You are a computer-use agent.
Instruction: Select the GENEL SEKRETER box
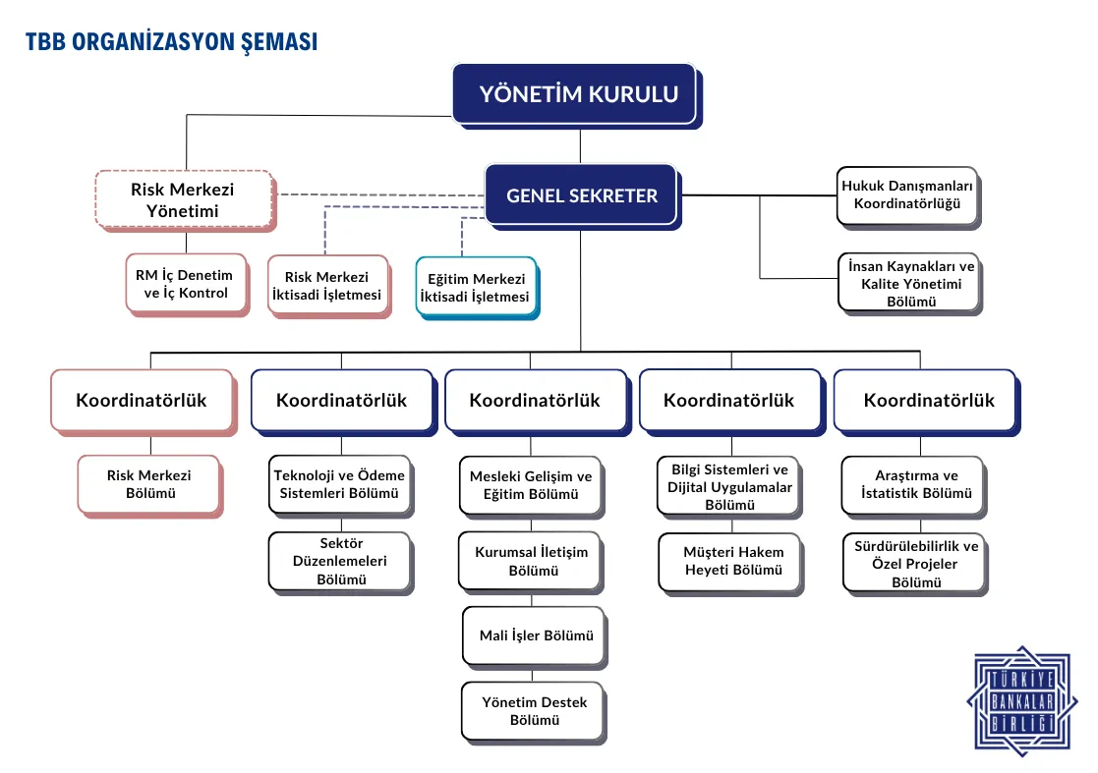581,195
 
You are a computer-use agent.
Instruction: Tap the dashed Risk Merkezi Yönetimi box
183,198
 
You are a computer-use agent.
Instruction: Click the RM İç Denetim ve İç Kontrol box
184,284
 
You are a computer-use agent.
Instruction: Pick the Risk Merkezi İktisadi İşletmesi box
327,286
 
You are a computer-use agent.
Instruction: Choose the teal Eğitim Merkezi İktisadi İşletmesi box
476,287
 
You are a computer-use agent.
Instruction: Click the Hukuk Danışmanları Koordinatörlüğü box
906,194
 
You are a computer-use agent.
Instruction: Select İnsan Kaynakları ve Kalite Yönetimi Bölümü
906,283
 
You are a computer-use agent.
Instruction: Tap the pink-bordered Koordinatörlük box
142,400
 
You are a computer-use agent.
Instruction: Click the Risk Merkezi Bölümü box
149,484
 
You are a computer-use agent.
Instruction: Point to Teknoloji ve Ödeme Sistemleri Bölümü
339,484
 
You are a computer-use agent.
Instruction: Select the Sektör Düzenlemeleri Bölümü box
339,561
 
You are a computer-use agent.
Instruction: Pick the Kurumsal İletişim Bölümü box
531,561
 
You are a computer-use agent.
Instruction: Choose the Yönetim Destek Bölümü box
533,710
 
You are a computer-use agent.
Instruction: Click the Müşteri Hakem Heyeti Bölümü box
732,561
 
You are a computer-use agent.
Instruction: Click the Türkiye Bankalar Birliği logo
1022,698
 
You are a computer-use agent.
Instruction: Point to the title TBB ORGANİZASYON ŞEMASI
171,42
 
